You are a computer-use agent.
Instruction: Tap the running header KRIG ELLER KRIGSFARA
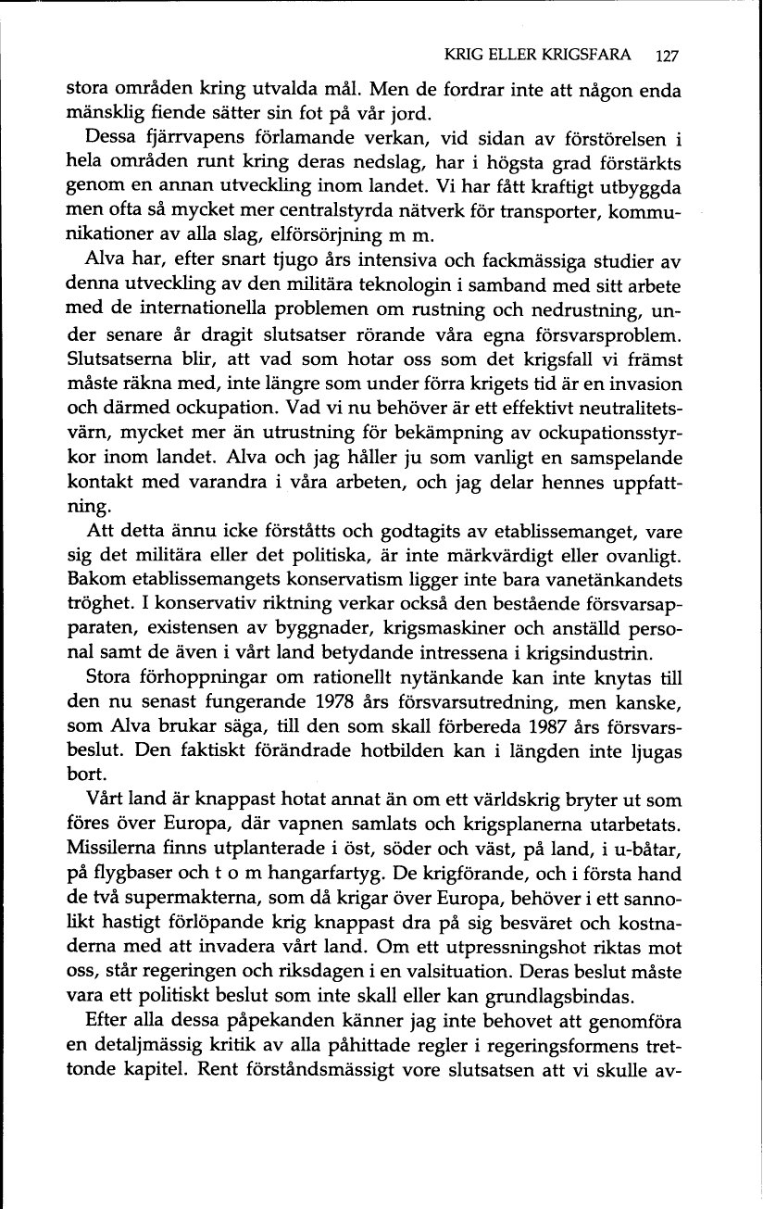[x=538, y=56]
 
